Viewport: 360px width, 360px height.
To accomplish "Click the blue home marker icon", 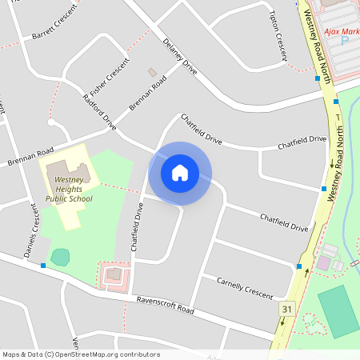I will coord(180,172).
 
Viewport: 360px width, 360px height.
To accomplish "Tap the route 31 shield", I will coord(286,308).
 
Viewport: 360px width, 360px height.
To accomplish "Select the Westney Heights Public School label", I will coord(69,190).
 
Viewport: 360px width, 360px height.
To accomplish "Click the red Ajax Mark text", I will coord(341,32).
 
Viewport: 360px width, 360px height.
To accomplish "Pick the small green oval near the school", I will coord(60,258).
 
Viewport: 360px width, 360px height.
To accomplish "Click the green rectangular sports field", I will coord(338,311).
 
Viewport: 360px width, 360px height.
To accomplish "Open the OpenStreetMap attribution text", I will coord(81,354).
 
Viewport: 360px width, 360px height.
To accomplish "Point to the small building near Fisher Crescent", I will coord(152,73).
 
